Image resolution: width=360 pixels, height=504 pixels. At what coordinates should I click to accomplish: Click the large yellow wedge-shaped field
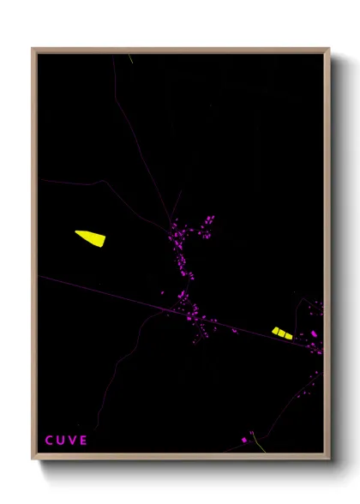coord(90,237)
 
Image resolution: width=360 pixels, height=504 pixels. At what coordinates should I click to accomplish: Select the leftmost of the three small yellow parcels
coord(275,331)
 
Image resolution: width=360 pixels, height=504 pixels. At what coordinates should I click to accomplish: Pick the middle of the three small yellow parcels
coord(282,333)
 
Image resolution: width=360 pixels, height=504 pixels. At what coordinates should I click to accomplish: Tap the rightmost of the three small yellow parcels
coord(289,334)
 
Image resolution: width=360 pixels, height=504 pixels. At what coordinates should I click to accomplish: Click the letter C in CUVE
coord(49,441)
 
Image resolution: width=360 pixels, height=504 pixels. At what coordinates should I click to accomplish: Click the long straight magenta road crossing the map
coord(103,292)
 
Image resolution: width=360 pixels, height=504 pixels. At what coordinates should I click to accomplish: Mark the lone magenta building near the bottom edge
coord(244,441)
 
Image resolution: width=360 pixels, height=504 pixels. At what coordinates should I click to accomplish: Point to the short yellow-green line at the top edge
coord(130,59)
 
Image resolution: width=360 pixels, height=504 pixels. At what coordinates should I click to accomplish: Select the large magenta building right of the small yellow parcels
coord(314,333)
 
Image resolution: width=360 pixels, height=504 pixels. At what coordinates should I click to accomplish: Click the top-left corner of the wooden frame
coord(33,49)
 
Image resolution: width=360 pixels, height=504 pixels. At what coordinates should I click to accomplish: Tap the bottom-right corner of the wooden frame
coord(328,459)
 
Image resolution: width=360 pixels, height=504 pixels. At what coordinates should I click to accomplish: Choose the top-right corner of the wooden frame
coord(328,49)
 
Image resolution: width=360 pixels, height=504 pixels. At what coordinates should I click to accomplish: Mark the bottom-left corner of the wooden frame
coord(33,459)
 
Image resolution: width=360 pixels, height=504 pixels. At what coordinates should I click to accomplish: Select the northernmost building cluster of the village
coord(207,220)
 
